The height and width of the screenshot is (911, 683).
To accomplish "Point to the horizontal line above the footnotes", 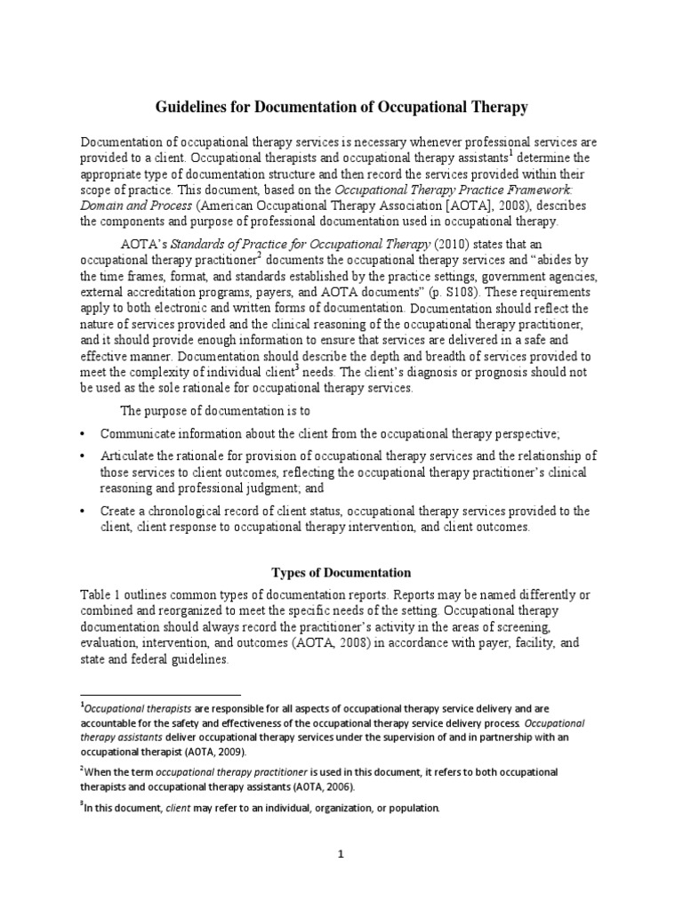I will tap(160, 694).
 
